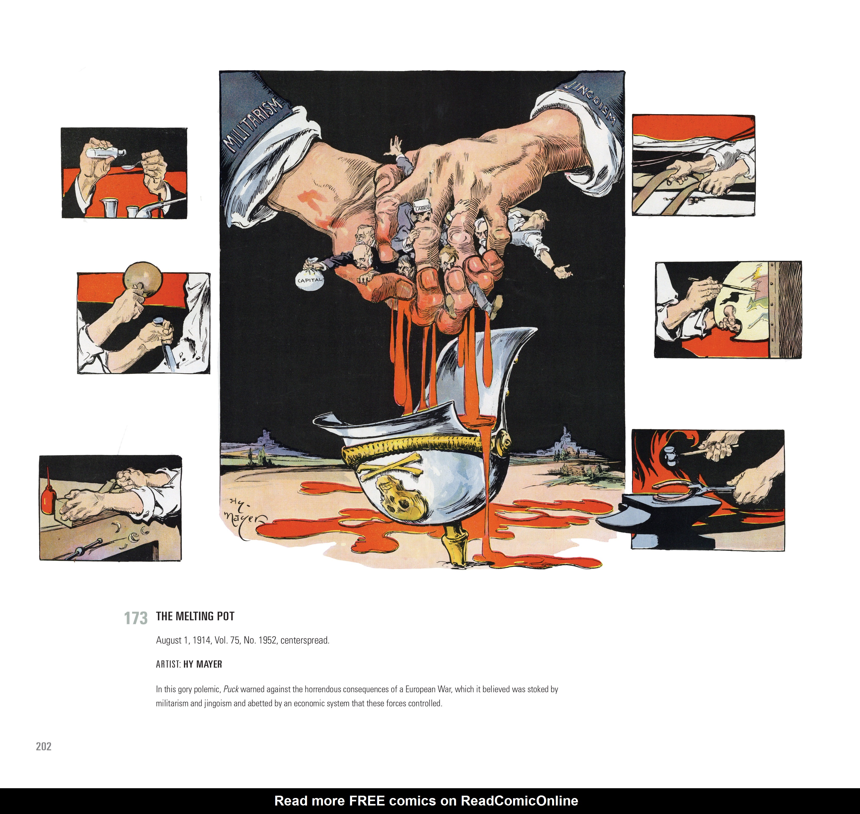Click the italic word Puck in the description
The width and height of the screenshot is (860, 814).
click(x=231, y=689)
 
